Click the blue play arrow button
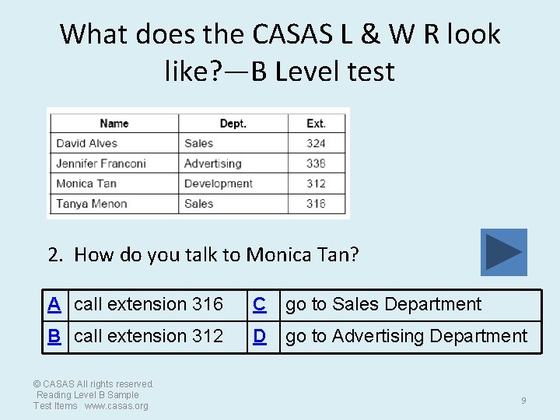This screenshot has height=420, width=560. click(503, 252)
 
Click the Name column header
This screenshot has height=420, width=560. click(114, 123)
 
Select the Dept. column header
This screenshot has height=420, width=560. click(233, 123)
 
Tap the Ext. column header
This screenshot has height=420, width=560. click(316, 123)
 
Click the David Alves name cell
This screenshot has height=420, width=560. click(87, 143)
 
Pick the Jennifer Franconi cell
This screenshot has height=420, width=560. click(101, 163)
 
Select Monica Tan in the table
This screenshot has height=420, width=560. click(86, 184)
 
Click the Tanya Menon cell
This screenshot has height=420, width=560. click(92, 204)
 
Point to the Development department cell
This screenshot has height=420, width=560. click(219, 184)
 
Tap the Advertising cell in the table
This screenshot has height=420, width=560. click(213, 163)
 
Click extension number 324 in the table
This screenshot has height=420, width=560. click(316, 143)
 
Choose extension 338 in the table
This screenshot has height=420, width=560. click(316, 163)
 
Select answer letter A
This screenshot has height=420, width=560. click(54, 304)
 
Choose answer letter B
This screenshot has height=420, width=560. click(54, 336)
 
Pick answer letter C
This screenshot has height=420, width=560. click(260, 304)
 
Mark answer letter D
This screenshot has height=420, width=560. click(260, 336)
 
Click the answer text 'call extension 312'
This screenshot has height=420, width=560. click(149, 336)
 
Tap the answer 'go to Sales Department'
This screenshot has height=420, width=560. click(383, 304)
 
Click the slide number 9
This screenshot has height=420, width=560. click(523, 401)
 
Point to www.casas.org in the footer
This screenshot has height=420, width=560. click(116, 406)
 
